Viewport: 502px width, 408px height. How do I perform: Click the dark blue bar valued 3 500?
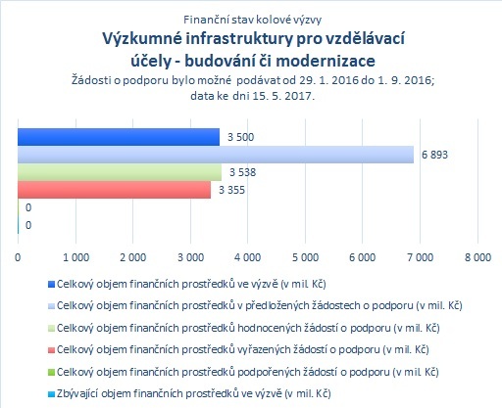[x=119, y=137]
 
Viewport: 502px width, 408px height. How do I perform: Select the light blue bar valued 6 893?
[x=216, y=155]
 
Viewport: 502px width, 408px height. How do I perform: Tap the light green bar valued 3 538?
[x=120, y=172]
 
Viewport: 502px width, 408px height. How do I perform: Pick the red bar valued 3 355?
[x=115, y=190]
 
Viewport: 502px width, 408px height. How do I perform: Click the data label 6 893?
[x=434, y=155]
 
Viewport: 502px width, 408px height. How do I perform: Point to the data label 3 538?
[x=242, y=172]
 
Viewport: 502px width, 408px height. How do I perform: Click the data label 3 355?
[x=231, y=190]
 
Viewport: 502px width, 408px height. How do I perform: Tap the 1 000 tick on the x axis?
[x=75, y=257]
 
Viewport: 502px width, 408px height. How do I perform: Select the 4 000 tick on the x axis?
[x=248, y=257]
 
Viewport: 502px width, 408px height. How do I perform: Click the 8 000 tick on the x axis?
[x=477, y=257]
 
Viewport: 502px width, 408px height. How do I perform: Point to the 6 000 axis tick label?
[x=363, y=257]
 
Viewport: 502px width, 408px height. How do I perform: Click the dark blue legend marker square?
[x=51, y=285]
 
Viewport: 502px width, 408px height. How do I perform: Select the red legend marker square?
[x=51, y=350]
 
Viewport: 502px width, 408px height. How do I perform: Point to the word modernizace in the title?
[x=326, y=61]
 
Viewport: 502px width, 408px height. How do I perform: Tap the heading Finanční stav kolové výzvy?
[x=252, y=20]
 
